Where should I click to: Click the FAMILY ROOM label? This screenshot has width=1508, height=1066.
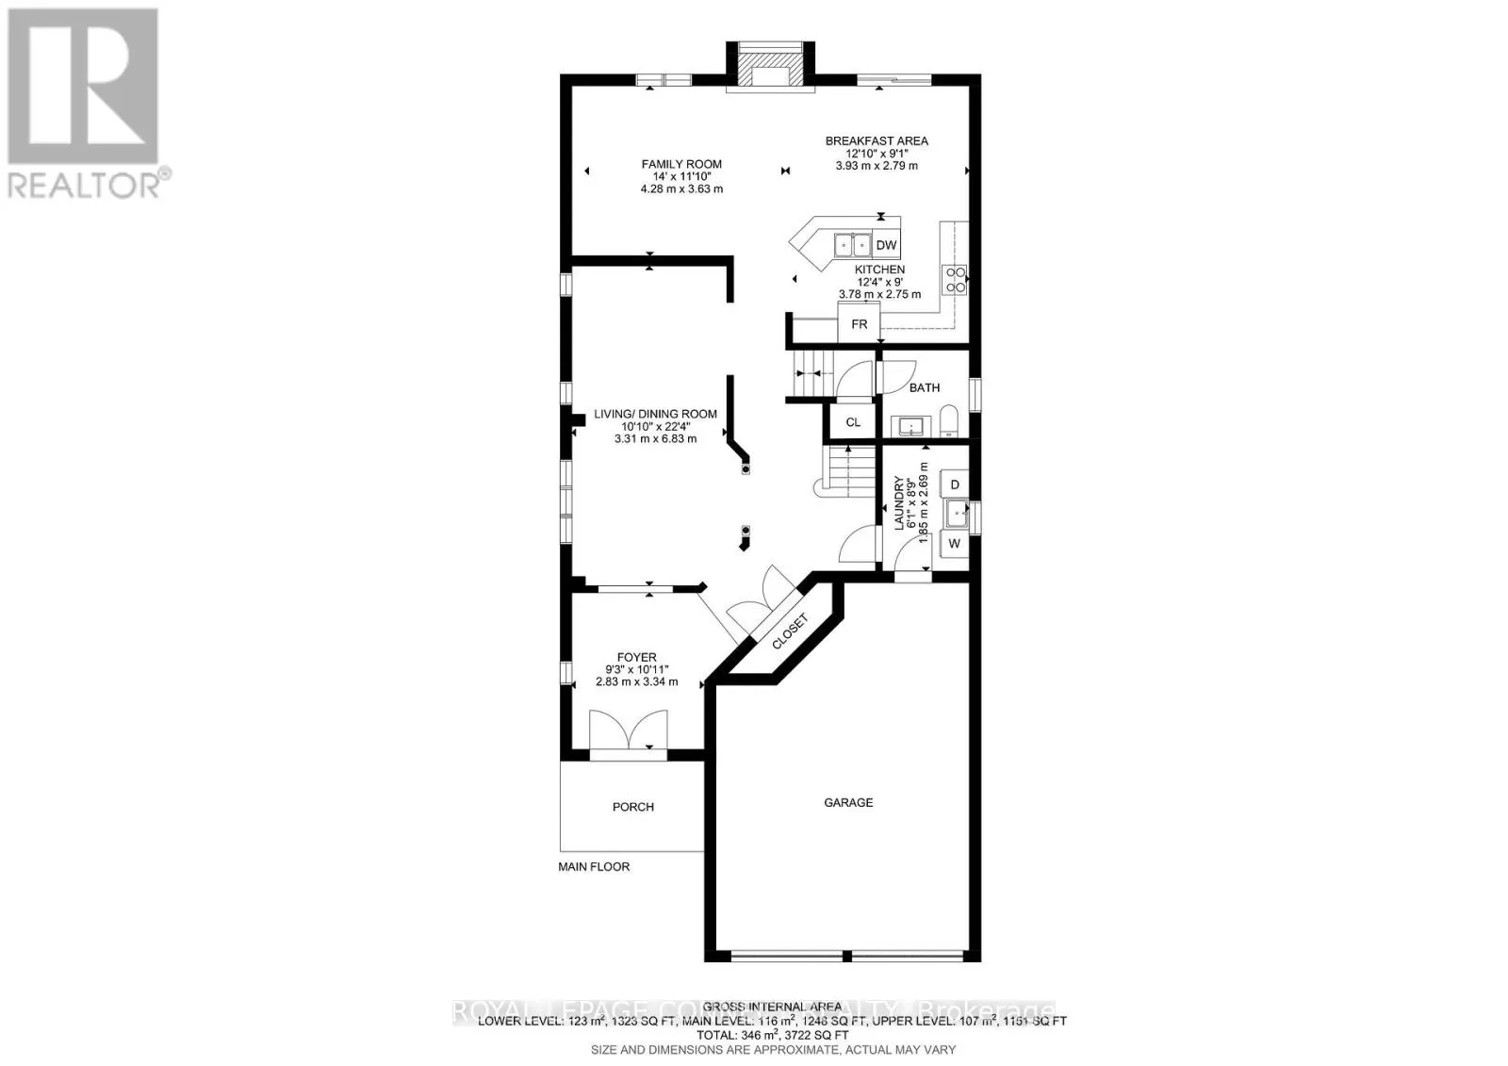(x=681, y=164)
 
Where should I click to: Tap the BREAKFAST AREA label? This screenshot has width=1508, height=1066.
(x=877, y=141)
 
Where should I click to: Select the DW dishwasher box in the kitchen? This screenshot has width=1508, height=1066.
(x=886, y=246)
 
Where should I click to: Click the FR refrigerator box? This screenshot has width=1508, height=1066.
(x=859, y=324)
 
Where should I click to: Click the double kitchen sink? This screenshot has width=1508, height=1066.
(x=854, y=246)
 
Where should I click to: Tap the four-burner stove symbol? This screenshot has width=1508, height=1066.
(x=955, y=280)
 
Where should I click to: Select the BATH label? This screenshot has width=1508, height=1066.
(x=924, y=387)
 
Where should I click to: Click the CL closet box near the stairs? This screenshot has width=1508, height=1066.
(x=852, y=422)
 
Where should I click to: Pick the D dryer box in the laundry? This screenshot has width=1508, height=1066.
(x=955, y=484)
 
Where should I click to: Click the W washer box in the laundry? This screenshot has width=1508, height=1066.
(x=954, y=544)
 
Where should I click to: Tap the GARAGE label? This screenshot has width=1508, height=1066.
(x=848, y=803)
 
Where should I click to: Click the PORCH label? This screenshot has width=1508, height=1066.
(x=632, y=807)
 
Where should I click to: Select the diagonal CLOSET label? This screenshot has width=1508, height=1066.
(x=790, y=631)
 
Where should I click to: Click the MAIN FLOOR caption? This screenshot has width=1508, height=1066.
(x=594, y=866)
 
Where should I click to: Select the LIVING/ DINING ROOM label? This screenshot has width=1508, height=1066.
(x=655, y=414)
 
